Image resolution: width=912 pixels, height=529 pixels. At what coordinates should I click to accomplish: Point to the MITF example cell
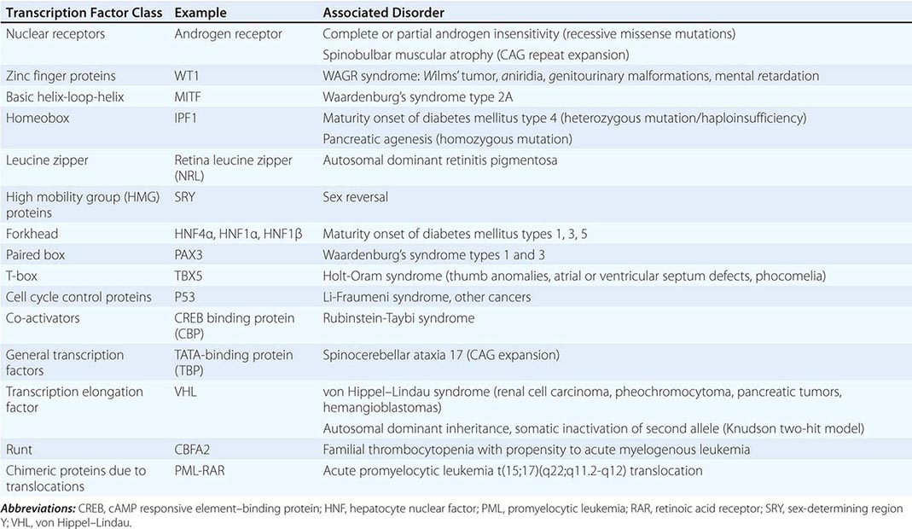[x=189, y=97]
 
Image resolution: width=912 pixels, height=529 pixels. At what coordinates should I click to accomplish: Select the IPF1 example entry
[x=187, y=119]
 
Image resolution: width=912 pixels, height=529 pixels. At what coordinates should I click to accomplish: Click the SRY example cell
[x=186, y=197]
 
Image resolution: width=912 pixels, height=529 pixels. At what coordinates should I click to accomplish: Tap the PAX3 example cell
[x=189, y=254]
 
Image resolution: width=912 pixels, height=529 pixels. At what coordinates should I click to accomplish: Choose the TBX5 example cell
[x=189, y=276]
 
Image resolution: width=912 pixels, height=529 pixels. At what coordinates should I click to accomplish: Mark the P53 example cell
[x=186, y=297]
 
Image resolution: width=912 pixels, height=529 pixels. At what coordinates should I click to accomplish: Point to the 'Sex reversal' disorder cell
[x=357, y=197]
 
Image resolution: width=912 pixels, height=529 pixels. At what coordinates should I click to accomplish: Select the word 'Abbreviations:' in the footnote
[x=38, y=509]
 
